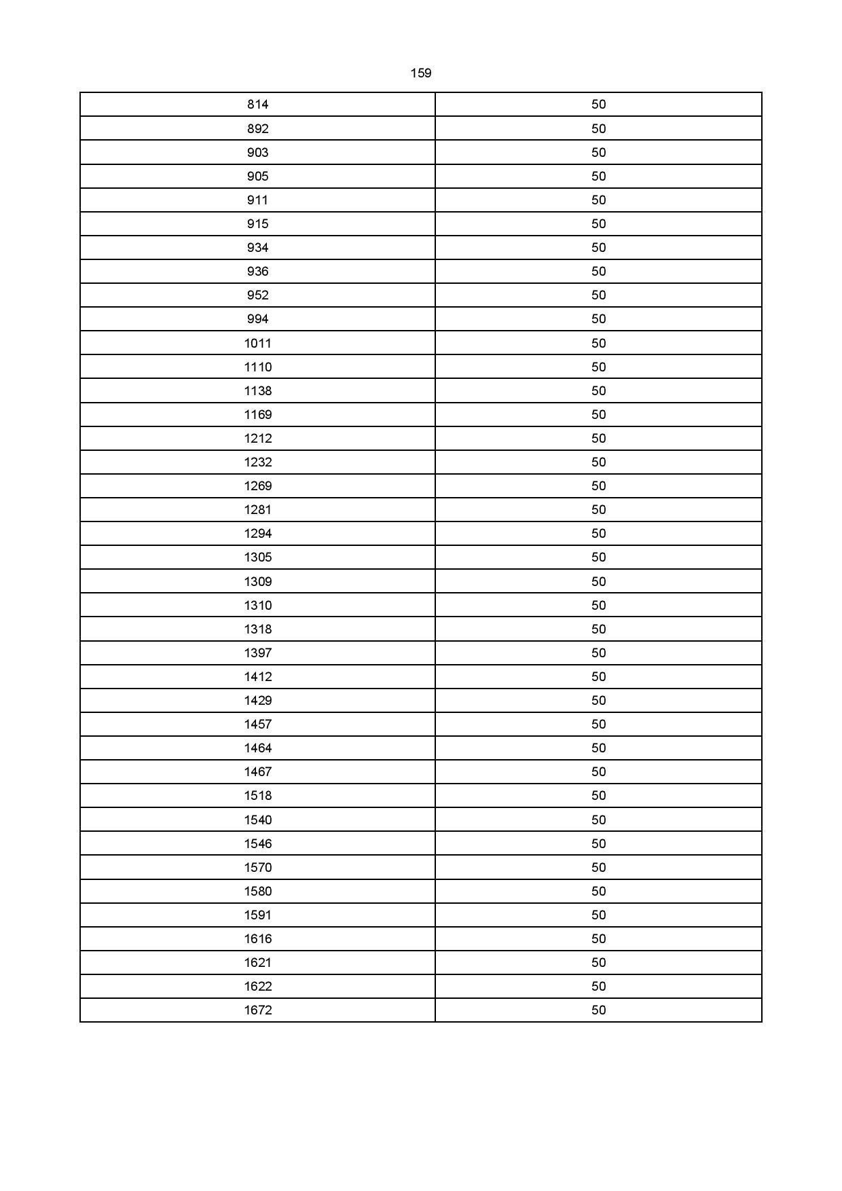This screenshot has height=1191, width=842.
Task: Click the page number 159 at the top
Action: tap(421, 73)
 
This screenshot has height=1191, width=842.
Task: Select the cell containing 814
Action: tap(258, 105)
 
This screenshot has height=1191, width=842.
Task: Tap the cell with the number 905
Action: tap(258, 177)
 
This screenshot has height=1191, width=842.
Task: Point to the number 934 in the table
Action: tap(258, 248)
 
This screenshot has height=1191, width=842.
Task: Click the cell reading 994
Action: tap(258, 319)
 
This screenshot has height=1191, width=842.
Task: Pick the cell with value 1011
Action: tap(258, 344)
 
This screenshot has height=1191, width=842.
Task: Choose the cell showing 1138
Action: tap(258, 391)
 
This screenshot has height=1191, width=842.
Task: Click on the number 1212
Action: tap(258, 439)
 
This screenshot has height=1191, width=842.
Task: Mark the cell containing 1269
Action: tap(258, 486)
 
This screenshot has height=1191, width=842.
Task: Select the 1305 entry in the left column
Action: tap(258, 557)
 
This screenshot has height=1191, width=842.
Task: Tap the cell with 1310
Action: tap(258, 606)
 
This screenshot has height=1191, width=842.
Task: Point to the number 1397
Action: tap(258, 653)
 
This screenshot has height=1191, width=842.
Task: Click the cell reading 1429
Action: tap(258, 701)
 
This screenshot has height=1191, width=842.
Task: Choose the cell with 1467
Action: tap(258, 772)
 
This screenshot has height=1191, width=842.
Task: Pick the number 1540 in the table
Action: tap(258, 820)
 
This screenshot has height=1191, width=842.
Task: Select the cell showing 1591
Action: tap(258, 915)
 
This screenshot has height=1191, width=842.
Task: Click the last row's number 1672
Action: tap(258, 1010)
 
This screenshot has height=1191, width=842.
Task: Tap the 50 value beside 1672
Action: tap(598, 1010)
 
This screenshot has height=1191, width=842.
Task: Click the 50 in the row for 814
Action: tap(598, 105)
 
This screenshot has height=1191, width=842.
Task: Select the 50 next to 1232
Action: tap(598, 462)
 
